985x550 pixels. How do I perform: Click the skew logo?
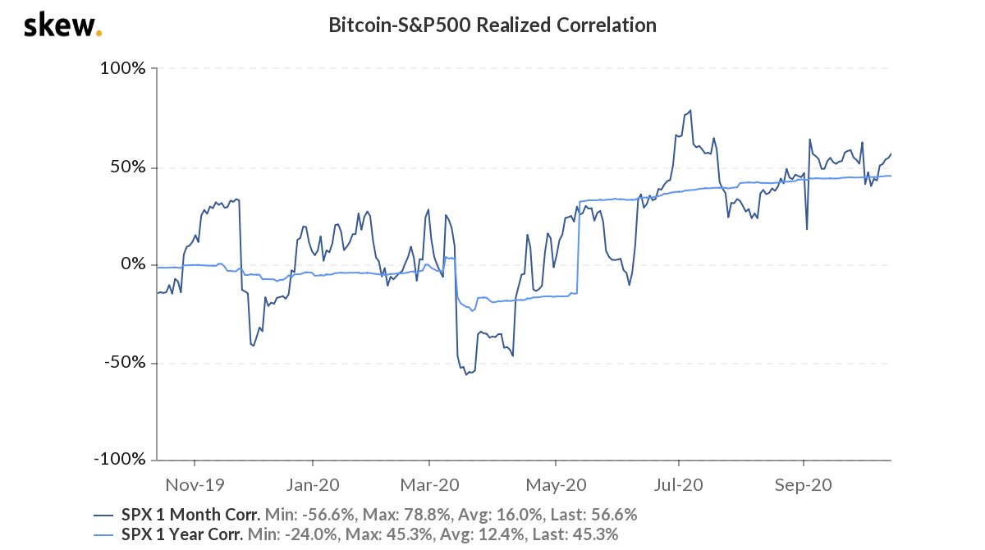pos(62,25)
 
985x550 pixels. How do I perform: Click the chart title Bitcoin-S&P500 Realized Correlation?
pos(492,25)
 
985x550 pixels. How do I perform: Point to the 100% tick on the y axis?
pos(122,69)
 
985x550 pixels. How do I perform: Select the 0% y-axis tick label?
pos(132,265)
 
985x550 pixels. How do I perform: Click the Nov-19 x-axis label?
pos(194,484)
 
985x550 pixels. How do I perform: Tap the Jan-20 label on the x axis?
pos(312,484)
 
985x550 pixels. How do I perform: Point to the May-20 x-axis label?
pos(557,484)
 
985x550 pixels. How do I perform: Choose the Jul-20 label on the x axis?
pos(679,484)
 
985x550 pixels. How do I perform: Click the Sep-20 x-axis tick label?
pos(803,484)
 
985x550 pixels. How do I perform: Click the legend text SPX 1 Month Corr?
pos(190,515)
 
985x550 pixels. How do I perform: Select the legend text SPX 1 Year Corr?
pos(181,534)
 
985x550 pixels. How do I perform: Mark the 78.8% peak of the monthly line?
pos(690,110)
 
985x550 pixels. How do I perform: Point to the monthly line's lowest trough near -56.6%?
pos(466,374)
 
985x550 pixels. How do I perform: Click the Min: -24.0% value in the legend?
pos(289,534)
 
